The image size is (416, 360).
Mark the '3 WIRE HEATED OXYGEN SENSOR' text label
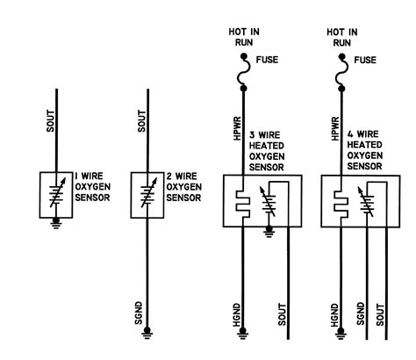270,148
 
